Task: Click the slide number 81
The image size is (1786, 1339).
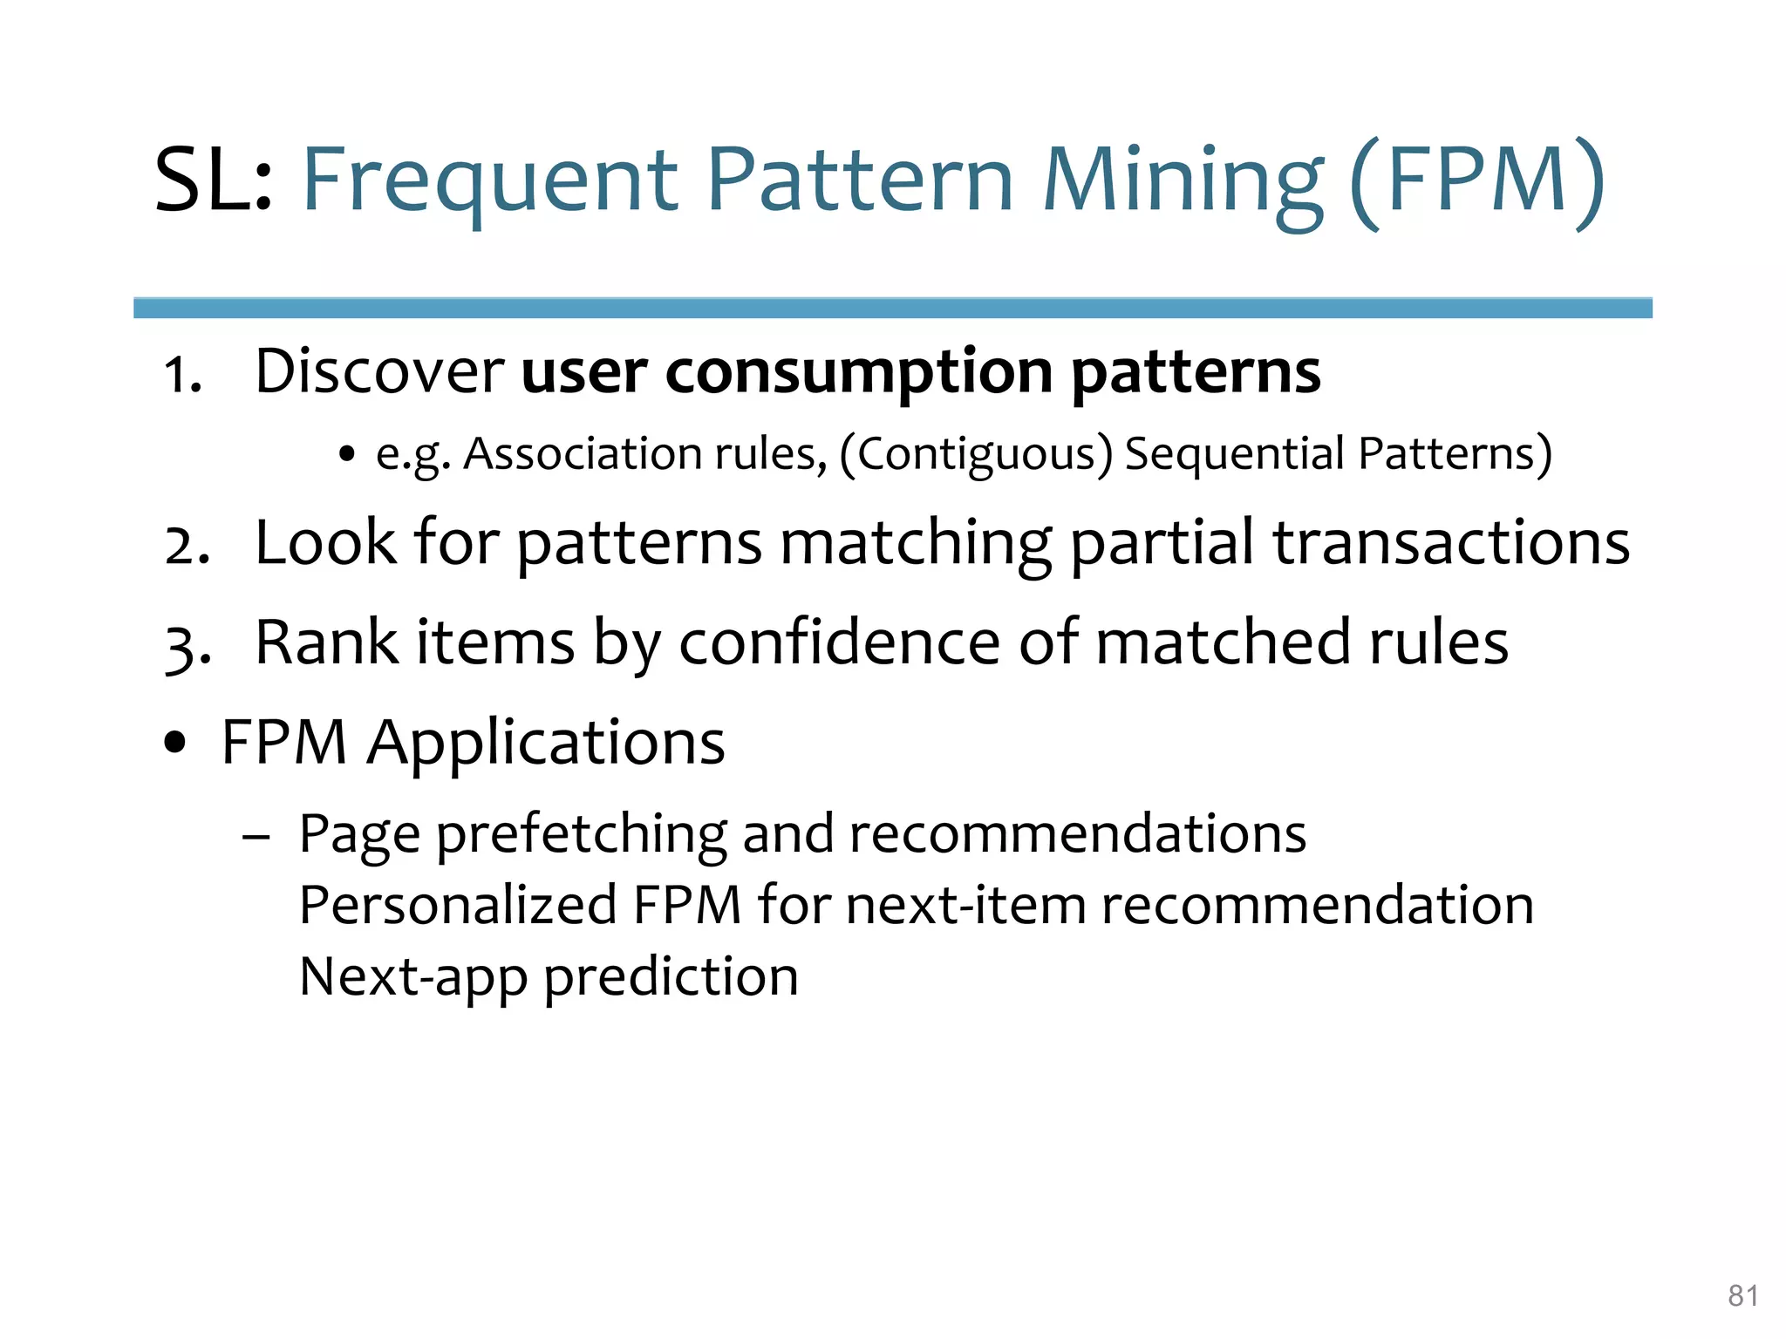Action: coord(1742,1295)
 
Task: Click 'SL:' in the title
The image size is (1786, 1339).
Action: coord(214,180)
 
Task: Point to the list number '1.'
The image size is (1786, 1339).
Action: coord(183,377)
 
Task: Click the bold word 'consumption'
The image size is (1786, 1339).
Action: coord(859,373)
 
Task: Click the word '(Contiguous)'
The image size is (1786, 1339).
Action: coord(976,455)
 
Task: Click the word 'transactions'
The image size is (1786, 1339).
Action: coord(1450,542)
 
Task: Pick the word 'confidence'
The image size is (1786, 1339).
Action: coord(839,642)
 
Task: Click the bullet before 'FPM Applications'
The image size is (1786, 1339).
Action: coord(175,743)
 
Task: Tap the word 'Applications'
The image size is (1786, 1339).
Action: coord(546,744)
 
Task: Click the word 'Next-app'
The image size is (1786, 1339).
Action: coord(412,976)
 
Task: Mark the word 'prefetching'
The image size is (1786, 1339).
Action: coord(582,834)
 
